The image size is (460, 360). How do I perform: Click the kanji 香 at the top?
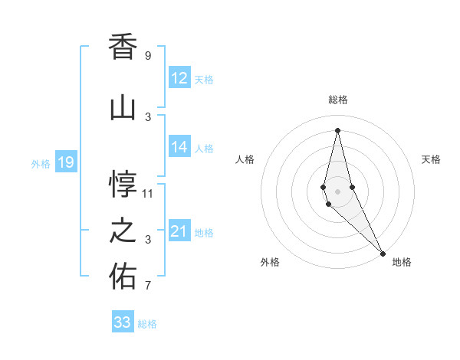123,47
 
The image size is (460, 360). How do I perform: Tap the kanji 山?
123,108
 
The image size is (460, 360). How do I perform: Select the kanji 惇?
123,184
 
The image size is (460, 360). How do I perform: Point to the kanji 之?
123,231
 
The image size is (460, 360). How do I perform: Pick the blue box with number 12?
179,78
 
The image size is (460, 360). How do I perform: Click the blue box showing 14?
179,148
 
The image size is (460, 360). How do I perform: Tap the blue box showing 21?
179,232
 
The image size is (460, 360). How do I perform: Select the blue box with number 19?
65,162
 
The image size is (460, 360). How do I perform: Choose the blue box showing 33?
122,322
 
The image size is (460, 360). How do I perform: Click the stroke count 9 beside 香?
148,56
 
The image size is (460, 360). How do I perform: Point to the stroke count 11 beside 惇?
148,193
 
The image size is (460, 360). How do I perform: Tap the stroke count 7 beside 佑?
148,286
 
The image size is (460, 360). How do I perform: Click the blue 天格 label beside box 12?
204,79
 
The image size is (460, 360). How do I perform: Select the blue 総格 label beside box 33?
147,324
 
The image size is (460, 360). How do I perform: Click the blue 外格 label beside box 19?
41,163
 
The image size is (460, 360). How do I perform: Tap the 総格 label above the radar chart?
338,100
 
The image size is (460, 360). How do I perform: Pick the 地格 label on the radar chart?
402,262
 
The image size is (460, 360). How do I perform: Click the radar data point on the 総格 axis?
337,130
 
